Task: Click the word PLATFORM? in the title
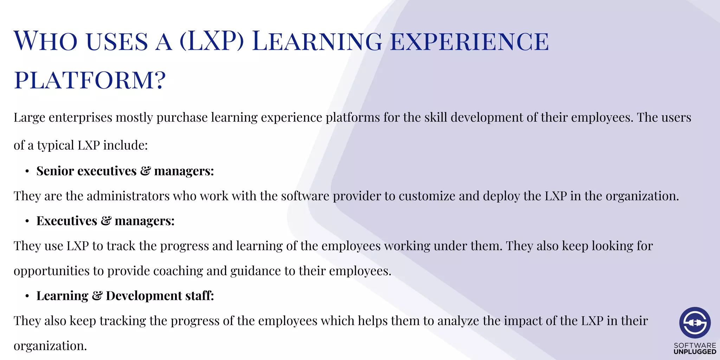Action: tap(90, 80)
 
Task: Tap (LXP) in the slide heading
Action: tap(212, 41)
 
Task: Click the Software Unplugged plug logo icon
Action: tap(695, 323)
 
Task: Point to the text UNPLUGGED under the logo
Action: tap(695, 352)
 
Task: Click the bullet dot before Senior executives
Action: tap(27, 172)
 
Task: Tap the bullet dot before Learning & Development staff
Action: tap(27, 296)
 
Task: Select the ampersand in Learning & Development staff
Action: tap(97, 296)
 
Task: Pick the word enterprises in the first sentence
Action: tap(81, 118)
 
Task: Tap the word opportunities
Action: tap(51, 271)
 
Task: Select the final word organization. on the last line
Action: tap(50, 346)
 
